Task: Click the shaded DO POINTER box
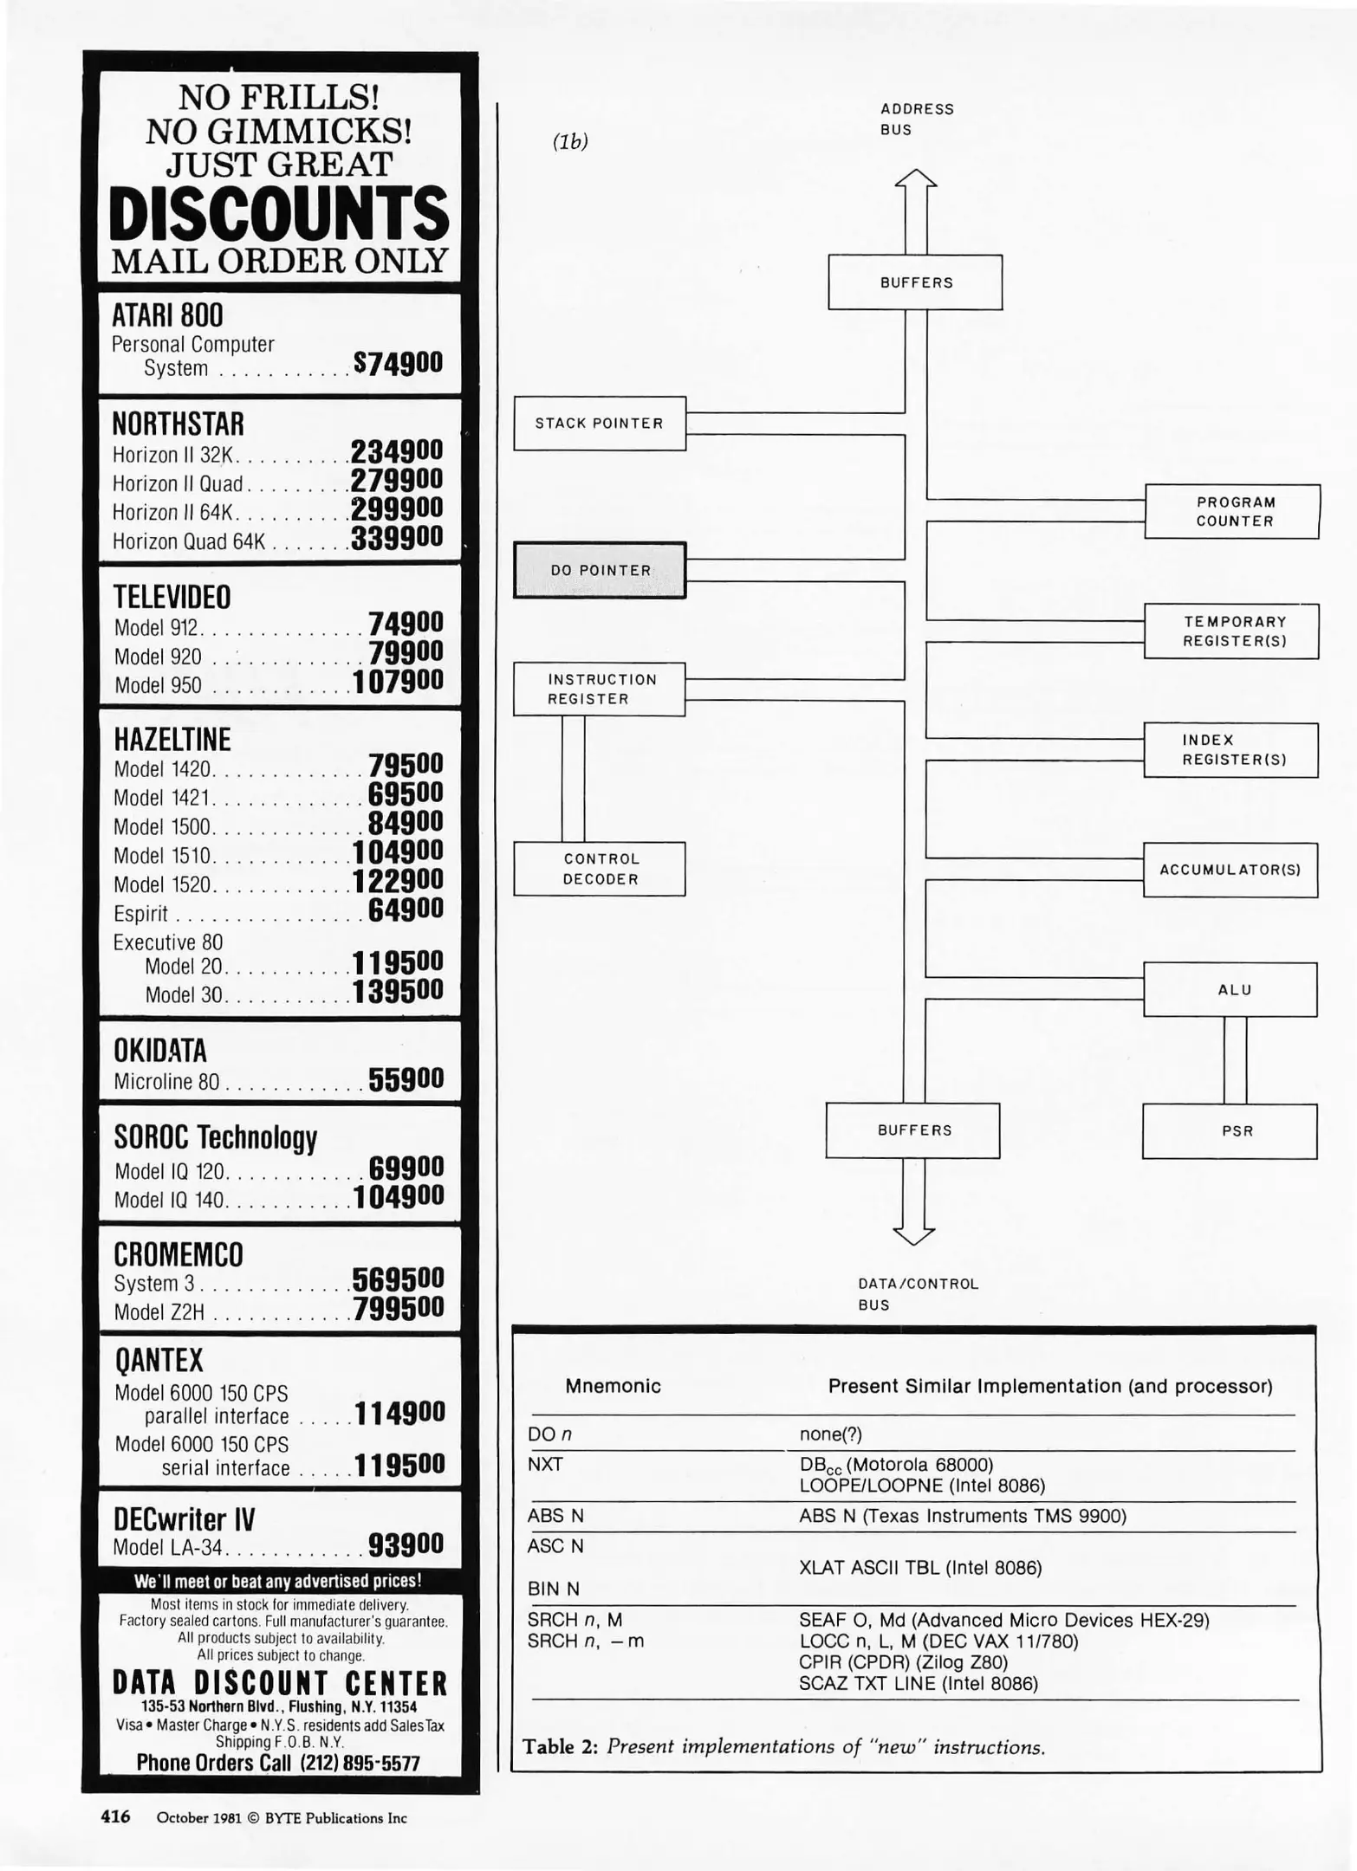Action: click(x=600, y=570)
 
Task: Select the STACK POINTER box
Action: click(x=600, y=424)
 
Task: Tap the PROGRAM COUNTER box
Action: click(x=1232, y=512)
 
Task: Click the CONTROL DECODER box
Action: click(x=600, y=869)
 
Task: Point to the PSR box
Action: click(x=1230, y=1131)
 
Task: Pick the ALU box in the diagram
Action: click(x=1230, y=990)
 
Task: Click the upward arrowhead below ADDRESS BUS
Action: click(x=916, y=179)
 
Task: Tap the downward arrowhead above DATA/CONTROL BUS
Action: click(x=914, y=1234)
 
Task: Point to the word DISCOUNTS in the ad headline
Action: click(x=279, y=215)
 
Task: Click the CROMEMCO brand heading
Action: click(x=179, y=1254)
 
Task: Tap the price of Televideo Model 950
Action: click(x=398, y=683)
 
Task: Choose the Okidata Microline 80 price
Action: click(x=406, y=1079)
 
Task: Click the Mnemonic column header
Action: click(x=613, y=1386)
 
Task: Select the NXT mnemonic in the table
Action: click(x=545, y=1465)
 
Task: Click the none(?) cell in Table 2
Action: click(x=830, y=1434)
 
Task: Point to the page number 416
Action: click(x=116, y=1816)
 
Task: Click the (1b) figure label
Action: click(x=570, y=143)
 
